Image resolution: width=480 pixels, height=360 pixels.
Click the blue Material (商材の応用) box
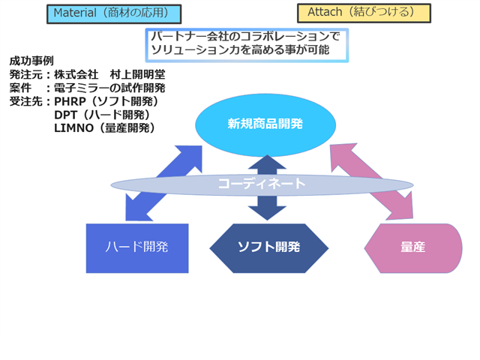coord(114,13)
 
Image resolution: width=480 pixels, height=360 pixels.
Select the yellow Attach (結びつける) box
coord(364,13)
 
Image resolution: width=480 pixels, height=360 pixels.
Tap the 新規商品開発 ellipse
coord(265,125)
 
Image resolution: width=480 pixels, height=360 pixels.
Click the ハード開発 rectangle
coord(137,248)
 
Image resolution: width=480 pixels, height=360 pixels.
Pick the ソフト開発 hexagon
coord(268,248)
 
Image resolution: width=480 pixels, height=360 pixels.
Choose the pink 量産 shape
coord(413,248)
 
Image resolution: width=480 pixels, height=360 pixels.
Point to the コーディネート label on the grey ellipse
coord(262,184)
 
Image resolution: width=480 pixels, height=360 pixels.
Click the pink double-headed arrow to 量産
coord(372,181)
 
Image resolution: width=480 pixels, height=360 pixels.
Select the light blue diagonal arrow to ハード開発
coord(163,183)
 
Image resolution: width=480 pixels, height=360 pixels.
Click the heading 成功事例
coord(31,61)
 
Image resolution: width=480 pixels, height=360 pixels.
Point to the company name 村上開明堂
coord(137,74)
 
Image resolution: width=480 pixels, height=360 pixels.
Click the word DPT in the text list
coord(65,115)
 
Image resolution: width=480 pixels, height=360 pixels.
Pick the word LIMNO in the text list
coord(73,128)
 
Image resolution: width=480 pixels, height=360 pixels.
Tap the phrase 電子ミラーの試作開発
coord(109,88)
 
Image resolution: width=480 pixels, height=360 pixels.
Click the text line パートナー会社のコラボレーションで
coord(245,37)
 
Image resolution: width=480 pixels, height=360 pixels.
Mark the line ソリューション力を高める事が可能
coord(240,49)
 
